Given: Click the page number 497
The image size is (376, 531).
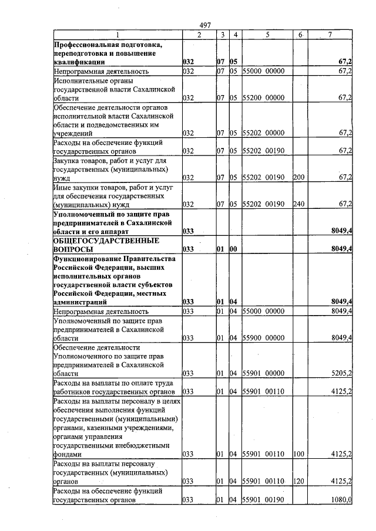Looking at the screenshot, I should [205, 25].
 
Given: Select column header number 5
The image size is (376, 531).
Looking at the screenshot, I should [267, 35].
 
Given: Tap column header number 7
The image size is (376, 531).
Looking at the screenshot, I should [330, 35].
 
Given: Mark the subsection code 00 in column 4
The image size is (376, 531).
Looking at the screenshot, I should [234, 249].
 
